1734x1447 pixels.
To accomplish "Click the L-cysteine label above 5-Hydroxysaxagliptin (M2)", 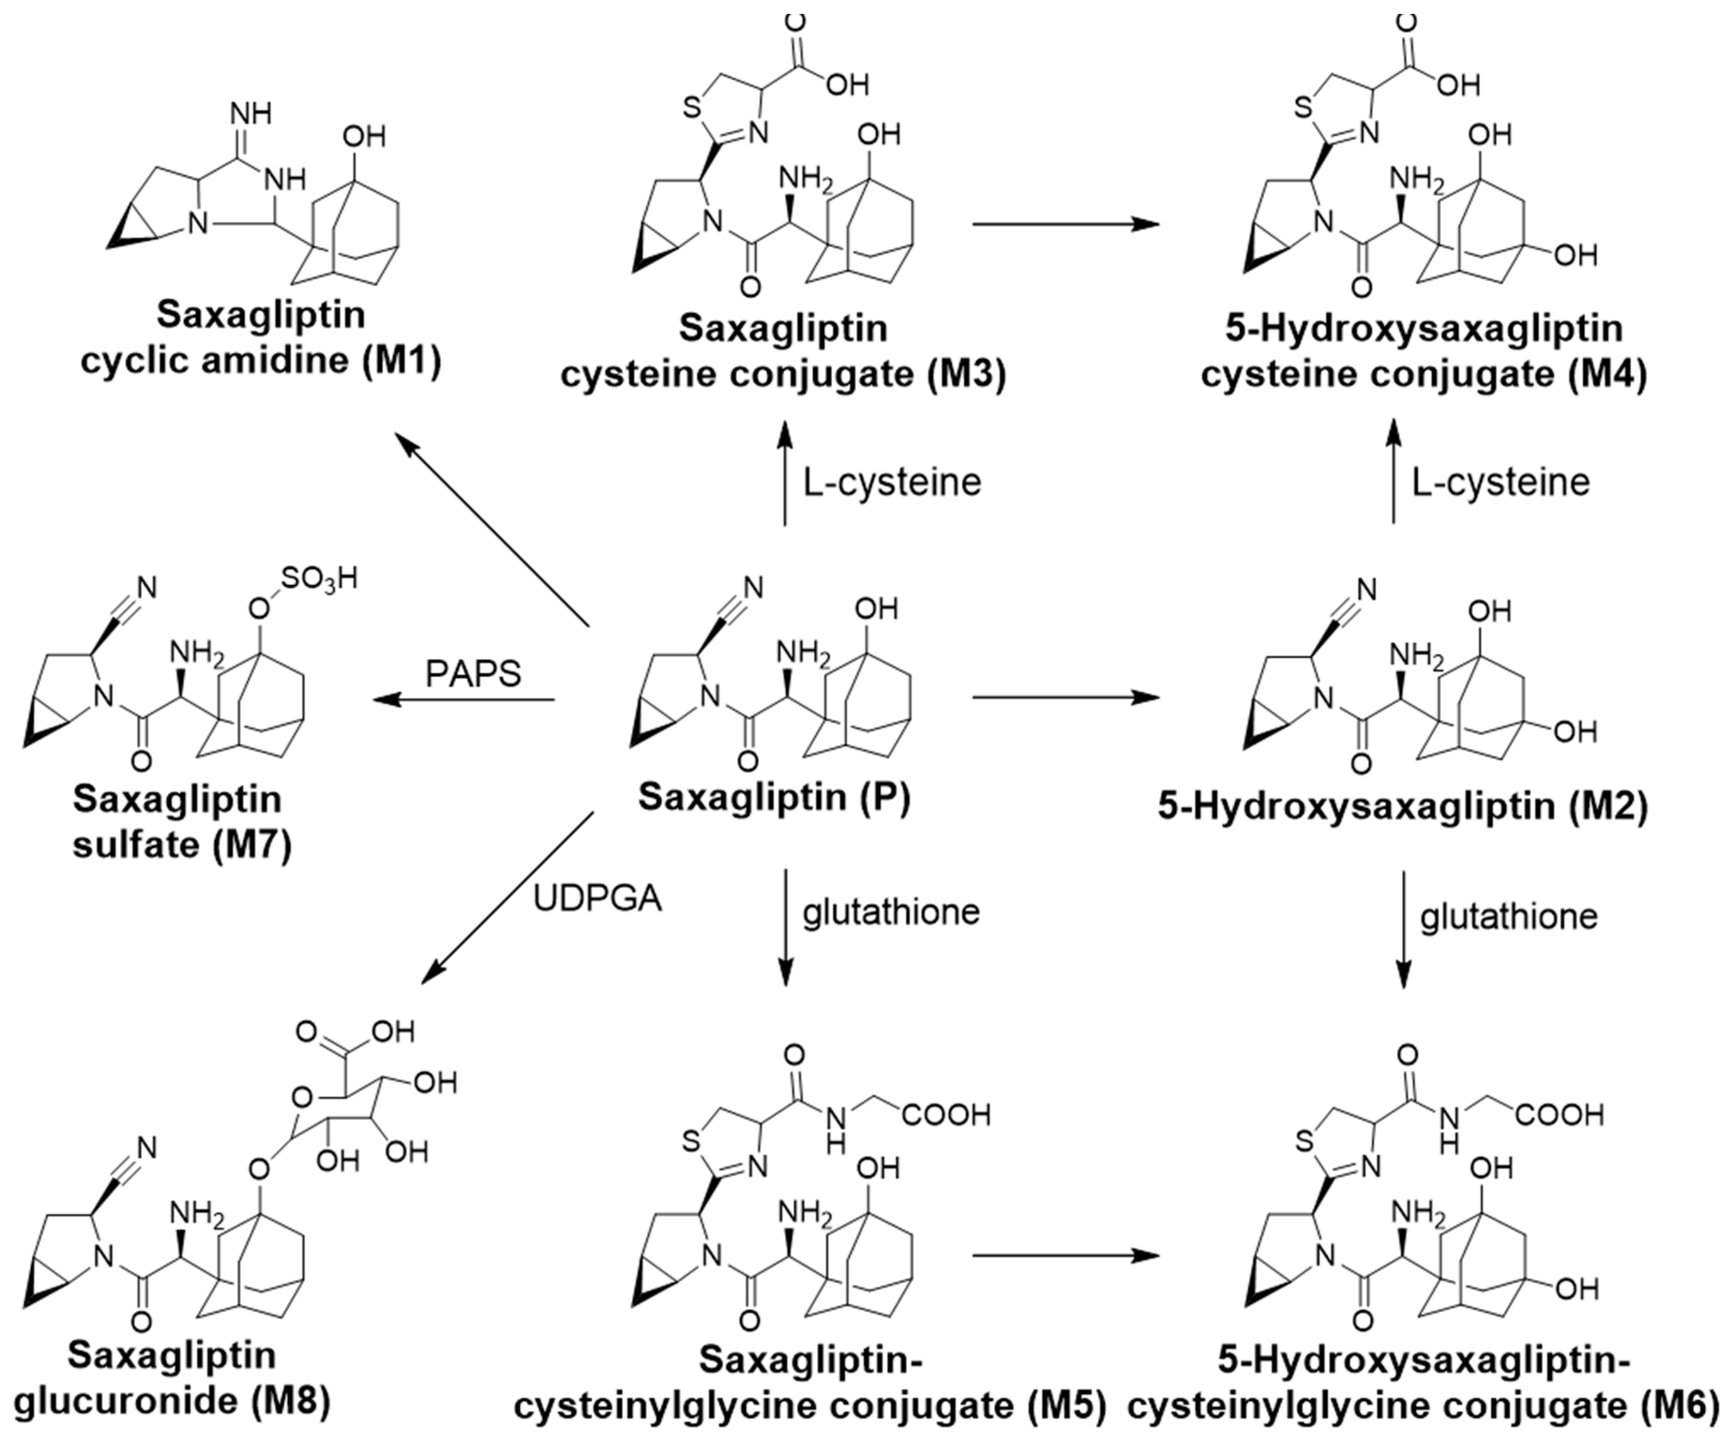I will pos(1500,482).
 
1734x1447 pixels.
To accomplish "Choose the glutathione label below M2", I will pos(1509,917).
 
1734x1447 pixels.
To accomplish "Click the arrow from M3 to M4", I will pos(1065,224).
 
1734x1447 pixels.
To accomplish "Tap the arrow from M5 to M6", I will pos(1065,1256).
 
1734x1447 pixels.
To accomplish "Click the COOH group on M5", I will pos(946,1116).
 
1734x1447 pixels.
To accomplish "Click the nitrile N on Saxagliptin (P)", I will pos(754,588).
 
